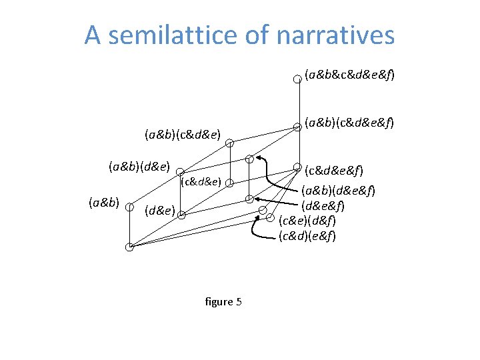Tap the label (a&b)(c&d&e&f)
(349, 123)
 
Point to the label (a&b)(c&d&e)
(182, 134)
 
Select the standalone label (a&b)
(103, 202)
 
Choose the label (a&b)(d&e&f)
(338, 191)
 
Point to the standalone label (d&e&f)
(323, 205)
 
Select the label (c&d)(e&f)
(307, 235)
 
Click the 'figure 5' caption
(223, 302)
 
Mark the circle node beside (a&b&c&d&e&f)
(298, 78)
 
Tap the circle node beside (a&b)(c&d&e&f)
(298, 125)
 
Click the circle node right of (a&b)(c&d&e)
(229, 143)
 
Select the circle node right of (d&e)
(181, 215)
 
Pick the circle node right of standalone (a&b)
(129, 206)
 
